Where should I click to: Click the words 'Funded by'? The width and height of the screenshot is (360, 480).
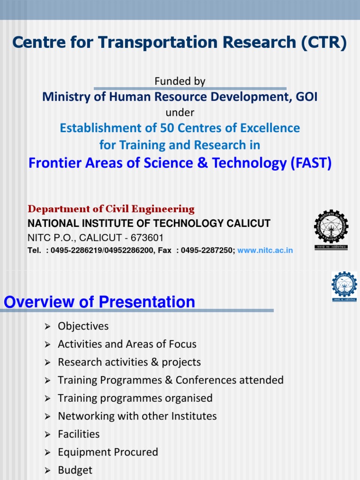[x=180, y=81]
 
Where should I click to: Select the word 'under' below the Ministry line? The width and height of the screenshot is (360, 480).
[x=180, y=112]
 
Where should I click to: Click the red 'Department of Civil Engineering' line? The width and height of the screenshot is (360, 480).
[x=112, y=209]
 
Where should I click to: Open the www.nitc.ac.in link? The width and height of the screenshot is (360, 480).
[x=265, y=250]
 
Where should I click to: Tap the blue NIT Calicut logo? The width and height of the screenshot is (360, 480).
[x=345, y=287]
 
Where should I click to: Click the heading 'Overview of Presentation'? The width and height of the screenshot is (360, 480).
[x=99, y=302]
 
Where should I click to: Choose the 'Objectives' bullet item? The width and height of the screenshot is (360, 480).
[x=83, y=326]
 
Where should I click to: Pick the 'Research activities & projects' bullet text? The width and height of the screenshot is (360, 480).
[x=129, y=362]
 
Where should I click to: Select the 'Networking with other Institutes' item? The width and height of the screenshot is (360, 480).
[x=137, y=416]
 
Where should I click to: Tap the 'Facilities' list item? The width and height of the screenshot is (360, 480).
[x=79, y=434]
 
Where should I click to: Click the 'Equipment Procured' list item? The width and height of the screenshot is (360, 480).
[x=108, y=452]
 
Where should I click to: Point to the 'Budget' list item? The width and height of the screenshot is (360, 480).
[x=75, y=470]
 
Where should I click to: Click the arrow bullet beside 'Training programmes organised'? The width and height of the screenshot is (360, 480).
[x=47, y=398]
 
